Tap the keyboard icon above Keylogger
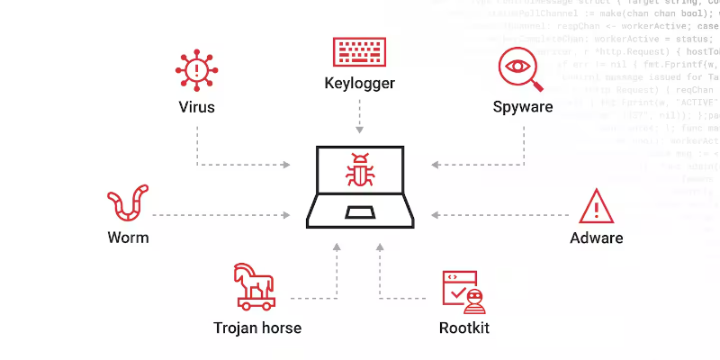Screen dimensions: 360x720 click(359, 51)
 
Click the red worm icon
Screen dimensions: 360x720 click(127, 203)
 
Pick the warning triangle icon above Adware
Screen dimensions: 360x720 click(596, 206)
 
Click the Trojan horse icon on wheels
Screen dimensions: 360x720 click(256, 285)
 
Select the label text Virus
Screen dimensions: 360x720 click(196, 108)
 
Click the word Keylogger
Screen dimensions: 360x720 click(359, 85)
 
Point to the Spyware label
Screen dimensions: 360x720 click(522, 108)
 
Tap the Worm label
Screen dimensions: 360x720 click(128, 238)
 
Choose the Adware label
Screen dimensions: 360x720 click(596, 238)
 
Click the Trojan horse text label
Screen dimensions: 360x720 click(257, 328)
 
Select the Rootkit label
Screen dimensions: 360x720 click(463, 328)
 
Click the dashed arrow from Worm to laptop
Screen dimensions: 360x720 click(220, 215)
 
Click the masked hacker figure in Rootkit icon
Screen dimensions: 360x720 click(475, 299)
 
